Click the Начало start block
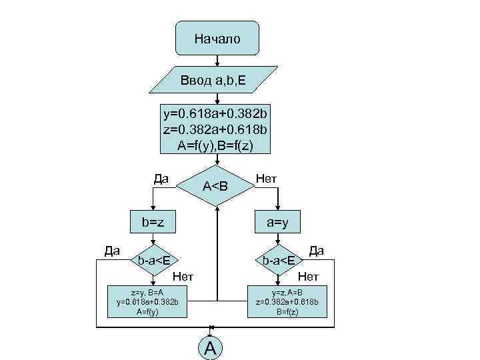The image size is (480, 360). tap(217, 39)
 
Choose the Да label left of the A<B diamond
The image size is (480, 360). tap(161, 178)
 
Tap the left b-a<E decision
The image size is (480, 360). tap(153, 259)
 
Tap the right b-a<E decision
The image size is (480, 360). tap(279, 259)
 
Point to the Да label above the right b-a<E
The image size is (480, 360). tap(316, 250)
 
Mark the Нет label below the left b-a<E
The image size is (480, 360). tap(183, 276)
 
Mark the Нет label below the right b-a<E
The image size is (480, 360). tap(309, 276)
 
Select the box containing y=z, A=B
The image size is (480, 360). tap(287, 301)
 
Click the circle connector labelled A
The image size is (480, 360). tap(211, 347)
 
